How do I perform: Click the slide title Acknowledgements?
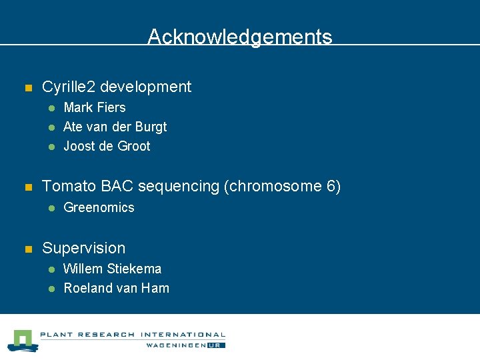[x=239, y=37]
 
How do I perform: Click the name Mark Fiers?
[x=94, y=107]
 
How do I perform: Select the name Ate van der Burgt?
[x=115, y=127]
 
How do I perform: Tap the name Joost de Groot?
[x=107, y=146]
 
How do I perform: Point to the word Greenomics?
[x=99, y=207]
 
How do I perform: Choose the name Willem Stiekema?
[x=112, y=269]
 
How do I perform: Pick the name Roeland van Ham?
[x=116, y=288]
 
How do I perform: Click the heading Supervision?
[x=83, y=248]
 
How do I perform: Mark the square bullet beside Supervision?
[x=28, y=249]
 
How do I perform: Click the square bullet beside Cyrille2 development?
[x=28, y=88]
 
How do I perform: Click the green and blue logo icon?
[x=23, y=340]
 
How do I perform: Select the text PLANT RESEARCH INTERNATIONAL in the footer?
[x=133, y=335]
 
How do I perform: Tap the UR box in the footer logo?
[x=217, y=345]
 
